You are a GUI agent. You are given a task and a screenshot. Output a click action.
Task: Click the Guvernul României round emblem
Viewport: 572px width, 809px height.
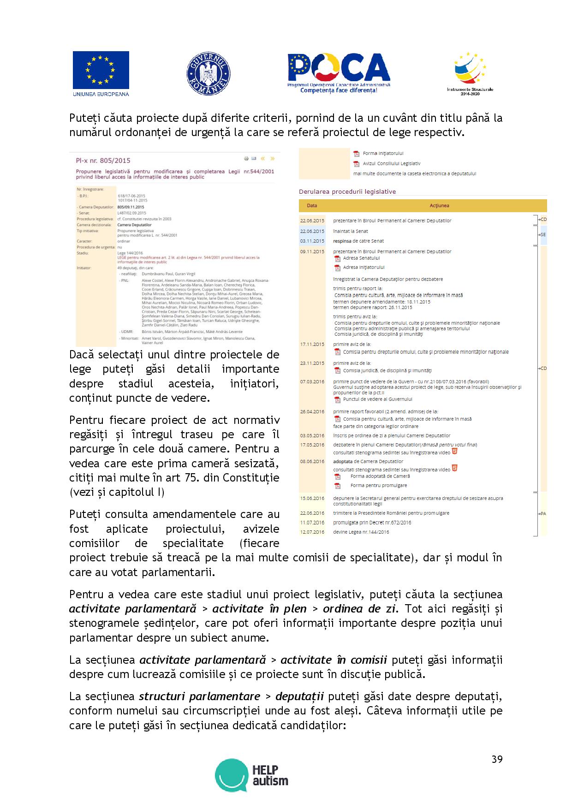pyautogui.click(x=209, y=74)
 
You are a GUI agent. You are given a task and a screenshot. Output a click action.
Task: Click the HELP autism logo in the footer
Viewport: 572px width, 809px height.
pyautogui.click(x=252, y=775)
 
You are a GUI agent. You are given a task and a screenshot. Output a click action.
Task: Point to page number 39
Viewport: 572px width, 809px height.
pyautogui.click(x=497, y=759)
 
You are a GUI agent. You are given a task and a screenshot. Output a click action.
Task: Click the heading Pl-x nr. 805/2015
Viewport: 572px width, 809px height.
pyautogui.click(x=103, y=161)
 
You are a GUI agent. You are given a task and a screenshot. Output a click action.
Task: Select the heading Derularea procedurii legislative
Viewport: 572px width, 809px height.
pyautogui.click(x=347, y=191)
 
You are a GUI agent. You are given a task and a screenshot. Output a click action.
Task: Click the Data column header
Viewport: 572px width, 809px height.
pyautogui.click(x=312, y=206)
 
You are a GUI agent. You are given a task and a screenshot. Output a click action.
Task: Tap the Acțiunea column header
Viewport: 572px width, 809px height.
pyautogui.click(x=439, y=206)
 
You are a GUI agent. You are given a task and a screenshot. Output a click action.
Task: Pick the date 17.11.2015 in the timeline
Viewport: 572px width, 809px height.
pyautogui.click(x=312, y=345)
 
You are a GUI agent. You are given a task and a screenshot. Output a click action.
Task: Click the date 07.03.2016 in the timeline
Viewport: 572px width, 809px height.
pyautogui.click(x=312, y=382)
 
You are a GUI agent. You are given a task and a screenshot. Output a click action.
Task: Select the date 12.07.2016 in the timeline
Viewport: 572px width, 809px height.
pyautogui.click(x=312, y=532)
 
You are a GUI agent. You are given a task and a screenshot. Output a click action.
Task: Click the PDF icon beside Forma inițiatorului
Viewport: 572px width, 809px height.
pyautogui.click(x=356, y=154)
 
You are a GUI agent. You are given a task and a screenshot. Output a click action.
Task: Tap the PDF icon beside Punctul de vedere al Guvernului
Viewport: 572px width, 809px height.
pyautogui.click(x=337, y=399)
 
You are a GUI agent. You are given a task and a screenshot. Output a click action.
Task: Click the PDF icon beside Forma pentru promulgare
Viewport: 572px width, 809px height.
pyautogui.click(x=337, y=486)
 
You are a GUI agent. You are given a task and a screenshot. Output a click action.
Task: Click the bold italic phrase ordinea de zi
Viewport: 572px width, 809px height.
pyautogui.click(x=360, y=609)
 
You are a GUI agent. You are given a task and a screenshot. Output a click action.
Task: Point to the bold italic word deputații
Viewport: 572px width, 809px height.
pyautogui.click(x=300, y=696)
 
